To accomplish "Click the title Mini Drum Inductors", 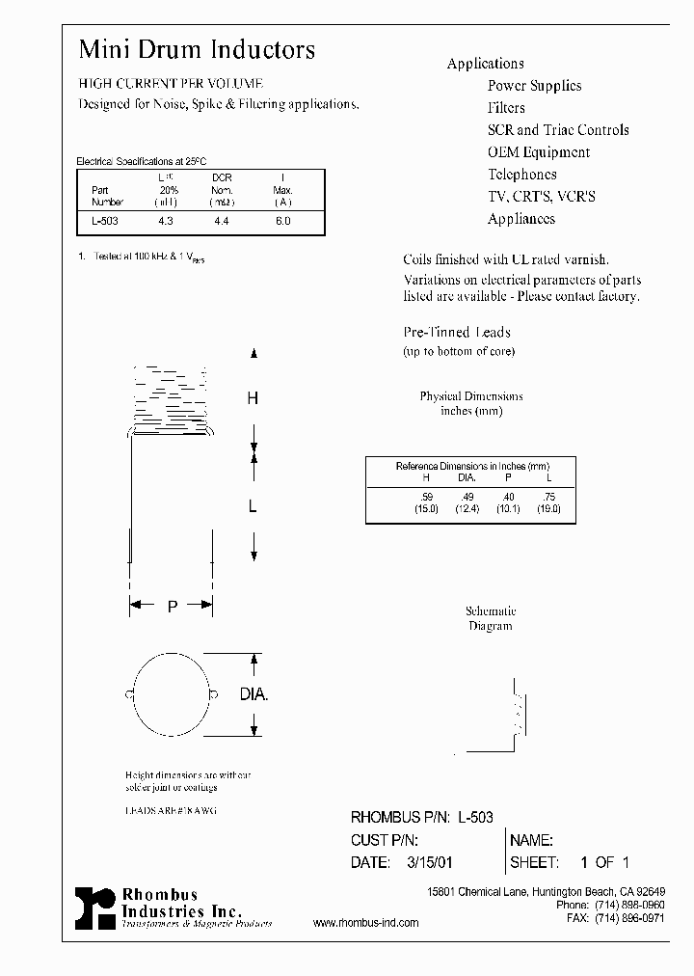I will pyautogui.click(x=197, y=50).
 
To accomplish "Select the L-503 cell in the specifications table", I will pyautogui.click(x=104, y=221).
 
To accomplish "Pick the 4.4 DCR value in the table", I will pyautogui.click(x=221, y=221).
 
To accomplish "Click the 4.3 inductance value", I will pyautogui.click(x=165, y=221).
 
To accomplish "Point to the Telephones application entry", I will pyautogui.click(x=521, y=175).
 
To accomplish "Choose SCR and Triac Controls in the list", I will pyautogui.click(x=557, y=130).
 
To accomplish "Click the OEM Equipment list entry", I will pyautogui.click(x=538, y=152).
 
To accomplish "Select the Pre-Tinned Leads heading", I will pyautogui.click(x=456, y=333).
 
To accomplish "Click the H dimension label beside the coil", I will pyautogui.click(x=253, y=398).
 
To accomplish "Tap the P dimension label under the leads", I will pyautogui.click(x=172, y=607).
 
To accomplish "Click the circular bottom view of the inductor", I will pyautogui.click(x=170, y=694).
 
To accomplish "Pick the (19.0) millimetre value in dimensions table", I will pyautogui.click(x=548, y=508).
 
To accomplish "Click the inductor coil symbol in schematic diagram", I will pyautogui.click(x=518, y=713).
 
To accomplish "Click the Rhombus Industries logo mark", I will pyautogui.click(x=94, y=908).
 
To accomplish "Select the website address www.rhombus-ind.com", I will pyautogui.click(x=366, y=923).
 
